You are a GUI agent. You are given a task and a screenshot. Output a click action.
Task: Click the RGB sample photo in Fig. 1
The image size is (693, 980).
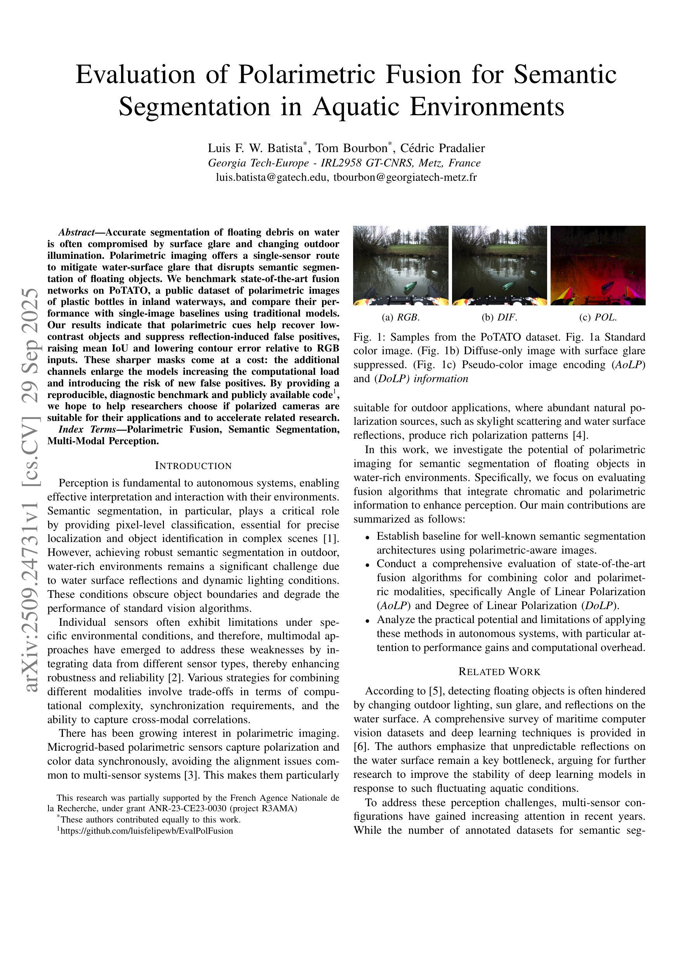400,265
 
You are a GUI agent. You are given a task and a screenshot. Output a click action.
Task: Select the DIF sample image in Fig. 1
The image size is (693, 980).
499,265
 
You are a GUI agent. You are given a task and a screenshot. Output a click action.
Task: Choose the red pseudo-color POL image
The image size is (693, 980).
598,265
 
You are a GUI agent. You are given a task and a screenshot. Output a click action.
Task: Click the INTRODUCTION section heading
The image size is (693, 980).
193,466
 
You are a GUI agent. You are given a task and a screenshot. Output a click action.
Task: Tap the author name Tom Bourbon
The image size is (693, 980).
351,148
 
